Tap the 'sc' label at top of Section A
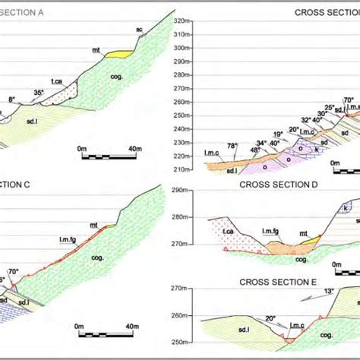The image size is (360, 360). click(140, 29)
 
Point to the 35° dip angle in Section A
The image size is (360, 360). click(39, 93)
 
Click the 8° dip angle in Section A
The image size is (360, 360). click(11, 99)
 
